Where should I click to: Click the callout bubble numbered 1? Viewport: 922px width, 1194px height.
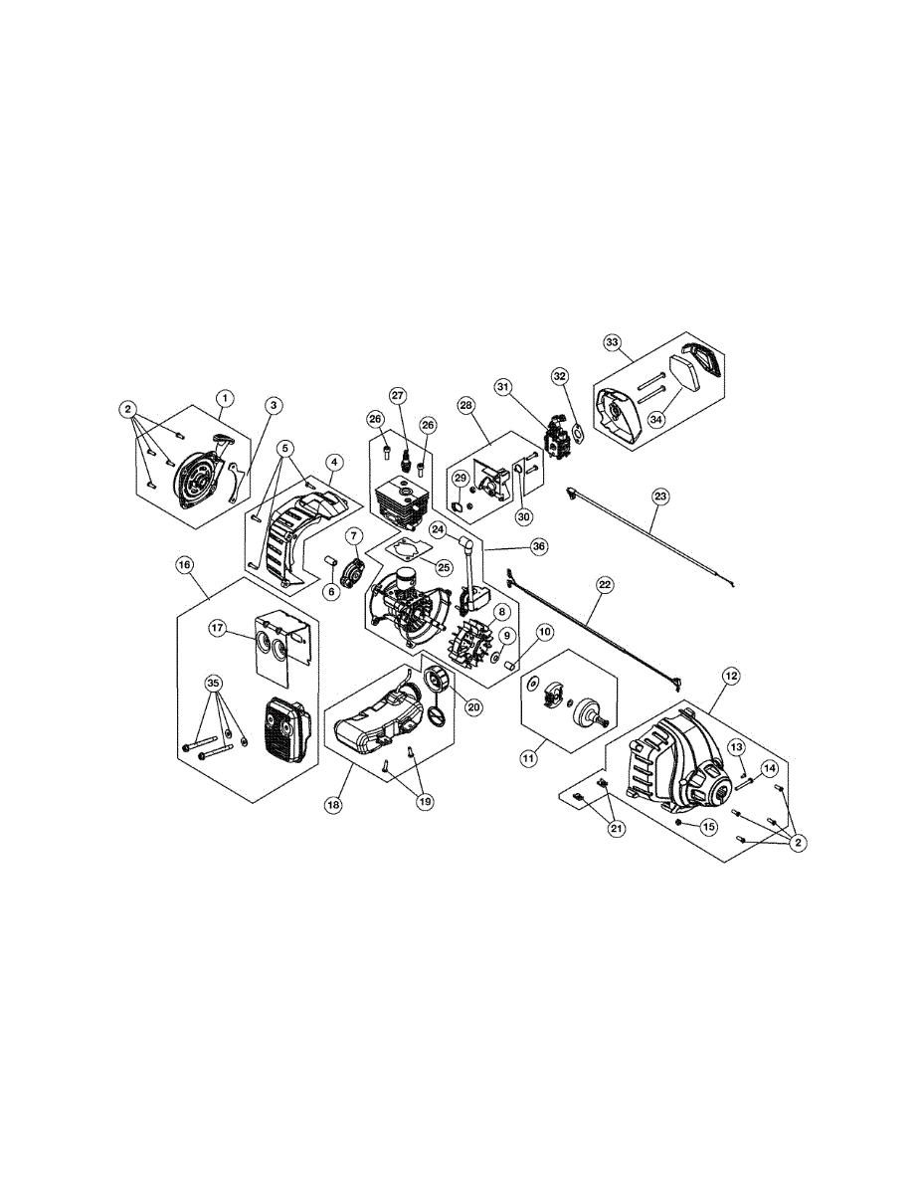[225, 398]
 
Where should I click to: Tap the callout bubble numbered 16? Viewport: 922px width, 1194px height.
[184, 564]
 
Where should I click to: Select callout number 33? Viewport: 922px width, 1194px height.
[613, 342]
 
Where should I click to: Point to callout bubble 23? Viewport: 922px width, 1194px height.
[659, 495]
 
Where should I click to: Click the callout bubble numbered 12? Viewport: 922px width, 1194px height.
[731, 676]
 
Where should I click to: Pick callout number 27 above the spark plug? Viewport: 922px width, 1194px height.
[398, 396]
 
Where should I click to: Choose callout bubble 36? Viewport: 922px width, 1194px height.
[539, 546]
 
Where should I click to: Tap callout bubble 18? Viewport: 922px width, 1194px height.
[334, 803]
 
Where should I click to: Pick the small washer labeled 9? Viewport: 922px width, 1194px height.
[495, 659]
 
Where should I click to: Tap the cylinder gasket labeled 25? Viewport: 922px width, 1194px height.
[405, 549]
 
